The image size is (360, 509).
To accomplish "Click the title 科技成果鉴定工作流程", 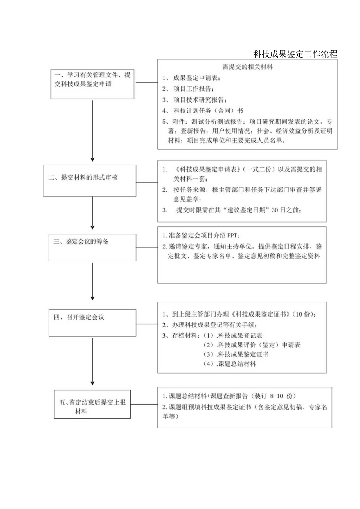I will point(295,54).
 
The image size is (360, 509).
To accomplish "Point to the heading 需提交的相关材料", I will point(247,67).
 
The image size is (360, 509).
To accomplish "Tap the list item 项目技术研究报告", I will point(200,99).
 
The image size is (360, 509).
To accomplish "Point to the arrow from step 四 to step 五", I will point(92,361).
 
